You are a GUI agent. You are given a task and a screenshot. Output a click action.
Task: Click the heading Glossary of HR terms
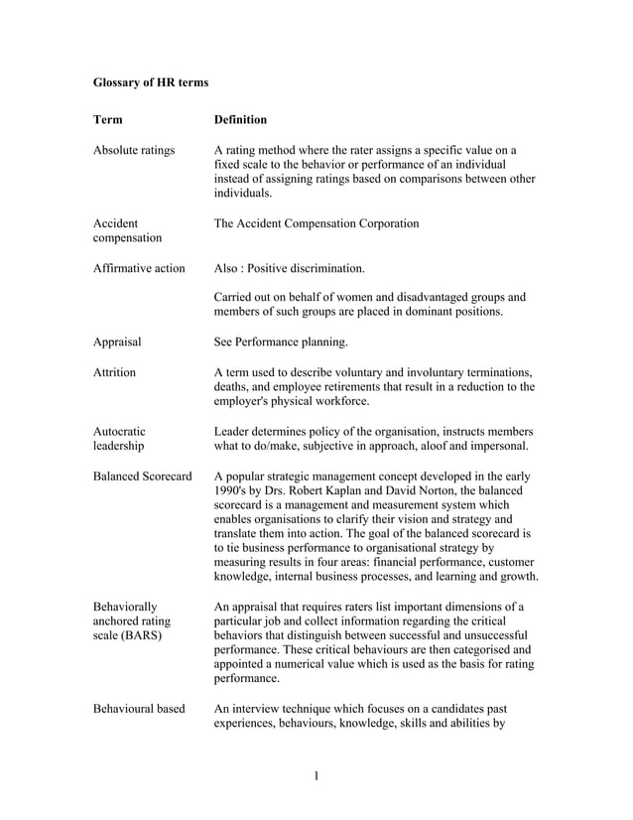click(x=151, y=81)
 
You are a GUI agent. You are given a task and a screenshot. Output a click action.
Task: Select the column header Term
click(x=108, y=120)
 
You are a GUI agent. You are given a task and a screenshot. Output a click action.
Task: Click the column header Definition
click(x=240, y=120)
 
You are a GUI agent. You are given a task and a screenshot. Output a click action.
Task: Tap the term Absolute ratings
click(x=134, y=151)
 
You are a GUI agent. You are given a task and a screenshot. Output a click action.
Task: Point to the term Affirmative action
click(x=139, y=268)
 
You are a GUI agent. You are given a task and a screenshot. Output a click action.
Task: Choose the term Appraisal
click(x=117, y=342)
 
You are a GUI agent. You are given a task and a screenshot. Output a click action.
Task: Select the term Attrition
click(x=114, y=372)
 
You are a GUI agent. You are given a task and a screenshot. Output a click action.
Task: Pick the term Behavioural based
click(x=139, y=708)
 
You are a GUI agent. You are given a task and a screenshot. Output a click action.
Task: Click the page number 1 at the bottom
click(x=316, y=775)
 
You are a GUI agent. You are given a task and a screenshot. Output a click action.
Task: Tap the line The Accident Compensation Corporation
click(x=316, y=224)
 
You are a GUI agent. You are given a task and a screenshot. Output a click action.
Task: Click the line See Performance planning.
click(x=281, y=342)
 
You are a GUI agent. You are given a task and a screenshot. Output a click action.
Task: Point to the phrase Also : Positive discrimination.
click(x=290, y=268)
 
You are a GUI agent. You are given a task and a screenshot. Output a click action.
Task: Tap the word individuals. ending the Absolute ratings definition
click(x=243, y=194)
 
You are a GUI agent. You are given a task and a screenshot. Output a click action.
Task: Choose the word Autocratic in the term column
click(x=119, y=431)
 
